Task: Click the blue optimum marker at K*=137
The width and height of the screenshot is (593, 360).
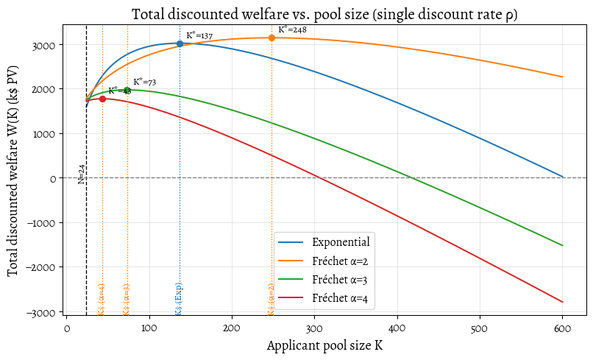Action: (180, 43)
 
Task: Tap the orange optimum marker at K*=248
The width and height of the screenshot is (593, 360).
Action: (271, 38)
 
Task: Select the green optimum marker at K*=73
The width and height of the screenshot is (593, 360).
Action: (127, 90)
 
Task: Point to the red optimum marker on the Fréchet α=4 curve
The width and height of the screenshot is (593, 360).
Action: (102, 99)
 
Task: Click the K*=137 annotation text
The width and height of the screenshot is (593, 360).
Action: (199, 35)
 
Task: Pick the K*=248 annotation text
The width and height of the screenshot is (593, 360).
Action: (292, 29)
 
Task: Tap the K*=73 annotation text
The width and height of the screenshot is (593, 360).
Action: (145, 82)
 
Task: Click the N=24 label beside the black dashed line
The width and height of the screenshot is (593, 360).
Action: (82, 175)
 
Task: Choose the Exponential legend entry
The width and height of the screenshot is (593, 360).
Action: (340, 241)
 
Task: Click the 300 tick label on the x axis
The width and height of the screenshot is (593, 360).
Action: (314, 327)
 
